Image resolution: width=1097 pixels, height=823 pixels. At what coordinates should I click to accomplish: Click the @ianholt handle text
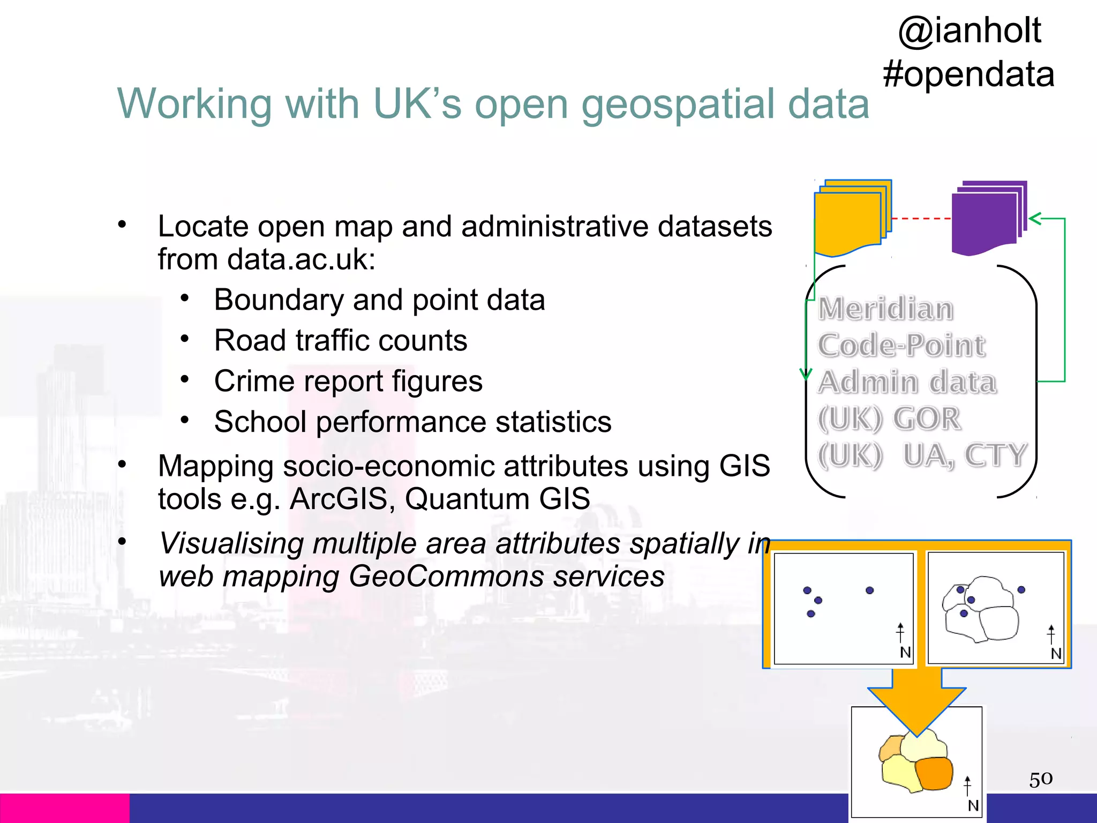[970, 31]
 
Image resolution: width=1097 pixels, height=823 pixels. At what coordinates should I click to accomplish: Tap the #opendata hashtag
[968, 74]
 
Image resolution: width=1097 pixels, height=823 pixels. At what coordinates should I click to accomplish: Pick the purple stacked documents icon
[988, 217]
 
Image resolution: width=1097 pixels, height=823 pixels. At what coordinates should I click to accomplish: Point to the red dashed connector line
[921, 219]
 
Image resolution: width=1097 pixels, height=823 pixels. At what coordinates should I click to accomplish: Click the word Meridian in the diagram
[886, 309]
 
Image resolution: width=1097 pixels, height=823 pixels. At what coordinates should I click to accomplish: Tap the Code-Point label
[901, 345]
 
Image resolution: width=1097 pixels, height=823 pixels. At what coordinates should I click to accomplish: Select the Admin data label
[907, 382]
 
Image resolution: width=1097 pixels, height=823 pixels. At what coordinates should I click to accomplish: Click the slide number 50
[1040, 779]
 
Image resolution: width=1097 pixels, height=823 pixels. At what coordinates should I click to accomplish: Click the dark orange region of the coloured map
[934, 773]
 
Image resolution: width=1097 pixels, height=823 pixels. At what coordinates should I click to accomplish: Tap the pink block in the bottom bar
[64, 808]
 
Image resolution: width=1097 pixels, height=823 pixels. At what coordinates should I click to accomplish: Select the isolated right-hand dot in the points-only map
[869, 590]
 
